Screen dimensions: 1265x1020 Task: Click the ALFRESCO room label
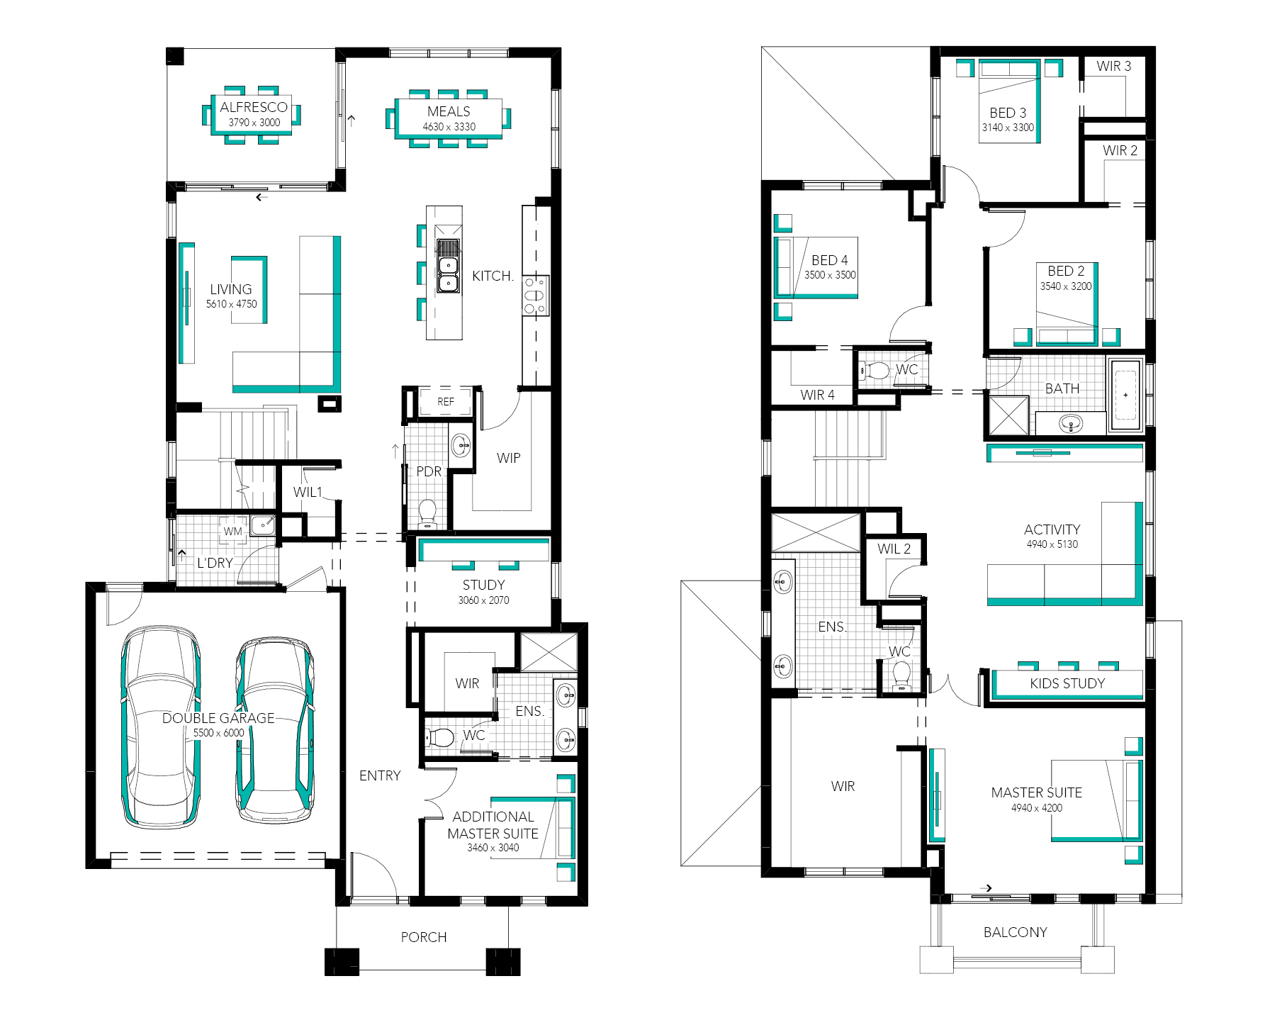tap(254, 107)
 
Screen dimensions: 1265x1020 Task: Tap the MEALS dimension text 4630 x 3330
tap(449, 127)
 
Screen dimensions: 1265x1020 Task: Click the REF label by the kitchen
tap(446, 402)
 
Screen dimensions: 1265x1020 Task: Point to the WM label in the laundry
tap(233, 531)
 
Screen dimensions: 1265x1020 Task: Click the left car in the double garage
tap(161, 727)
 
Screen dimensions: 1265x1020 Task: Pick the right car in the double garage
tap(275, 730)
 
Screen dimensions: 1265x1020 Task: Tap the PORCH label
tap(424, 937)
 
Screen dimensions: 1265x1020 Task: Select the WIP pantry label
tap(509, 458)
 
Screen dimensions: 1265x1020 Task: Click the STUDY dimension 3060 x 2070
tap(484, 600)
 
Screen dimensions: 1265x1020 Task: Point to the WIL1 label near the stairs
tap(308, 492)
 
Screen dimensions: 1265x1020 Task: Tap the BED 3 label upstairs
tap(1008, 113)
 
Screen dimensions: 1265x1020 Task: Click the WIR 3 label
tap(1114, 66)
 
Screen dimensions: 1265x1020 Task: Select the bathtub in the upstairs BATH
tap(1125, 395)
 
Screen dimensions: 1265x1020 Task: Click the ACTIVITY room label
tap(1052, 529)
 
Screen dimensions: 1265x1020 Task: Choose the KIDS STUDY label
tap(1067, 683)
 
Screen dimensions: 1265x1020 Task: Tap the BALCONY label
tap(1016, 932)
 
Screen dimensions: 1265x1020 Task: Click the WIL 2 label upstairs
tap(894, 549)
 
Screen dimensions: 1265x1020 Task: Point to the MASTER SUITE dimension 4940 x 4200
tap(1037, 808)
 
